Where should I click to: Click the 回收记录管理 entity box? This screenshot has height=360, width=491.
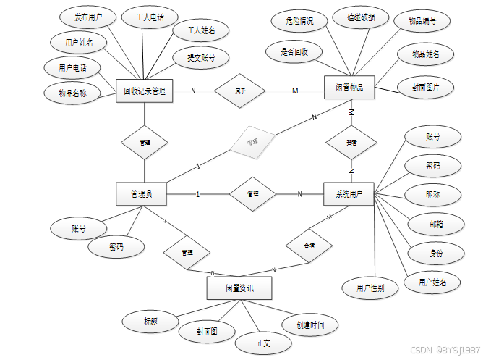click(144, 91)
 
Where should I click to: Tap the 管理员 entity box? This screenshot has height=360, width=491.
click(141, 194)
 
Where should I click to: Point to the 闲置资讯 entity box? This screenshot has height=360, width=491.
click(239, 288)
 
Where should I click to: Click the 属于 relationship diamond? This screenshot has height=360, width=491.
click(240, 91)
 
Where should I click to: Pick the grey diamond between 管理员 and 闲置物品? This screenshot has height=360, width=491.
click(252, 141)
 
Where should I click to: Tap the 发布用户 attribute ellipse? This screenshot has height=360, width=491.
click(83, 17)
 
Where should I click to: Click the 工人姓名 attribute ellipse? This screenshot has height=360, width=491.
click(202, 30)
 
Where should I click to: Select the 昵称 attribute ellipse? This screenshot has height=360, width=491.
click(433, 194)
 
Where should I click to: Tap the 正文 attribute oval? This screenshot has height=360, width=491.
click(263, 343)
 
